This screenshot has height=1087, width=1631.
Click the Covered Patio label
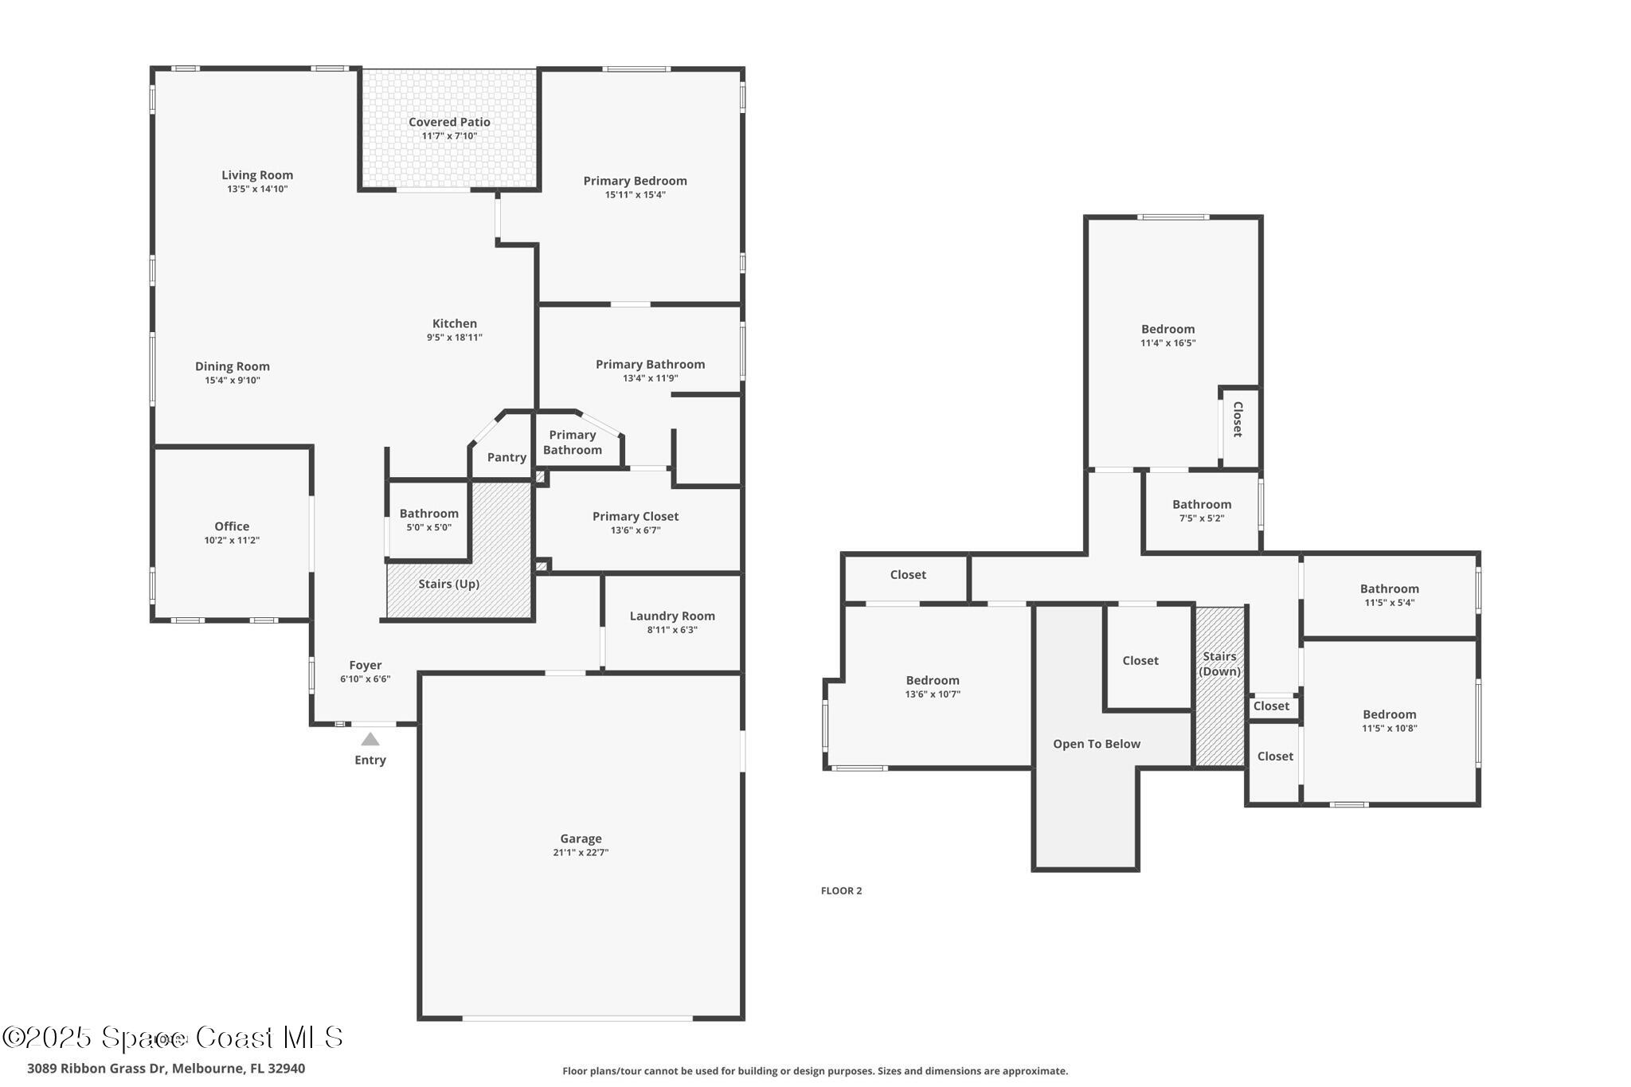(x=449, y=122)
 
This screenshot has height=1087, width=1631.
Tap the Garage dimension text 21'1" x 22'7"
(x=581, y=852)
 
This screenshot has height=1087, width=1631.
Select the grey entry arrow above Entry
(x=370, y=739)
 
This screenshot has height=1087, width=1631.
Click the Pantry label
(x=507, y=457)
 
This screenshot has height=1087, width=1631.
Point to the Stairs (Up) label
(x=448, y=584)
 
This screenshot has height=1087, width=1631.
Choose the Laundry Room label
(x=672, y=616)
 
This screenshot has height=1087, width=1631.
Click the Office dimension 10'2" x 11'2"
(x=232, y=540)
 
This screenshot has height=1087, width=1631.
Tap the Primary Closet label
(x=636, y=516)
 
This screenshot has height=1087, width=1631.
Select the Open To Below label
(x=1097, y=744)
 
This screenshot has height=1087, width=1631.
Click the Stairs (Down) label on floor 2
(x=1219, y=663)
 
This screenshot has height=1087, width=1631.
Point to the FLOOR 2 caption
(x=841, y=890)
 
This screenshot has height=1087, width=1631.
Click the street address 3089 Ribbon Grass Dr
(x=166, y=1068)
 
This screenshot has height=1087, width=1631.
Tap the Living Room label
(x=257, y=175)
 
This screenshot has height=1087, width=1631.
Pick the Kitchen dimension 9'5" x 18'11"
(x=455, y=337)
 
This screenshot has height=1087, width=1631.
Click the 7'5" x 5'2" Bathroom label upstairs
(x=1202, y=504)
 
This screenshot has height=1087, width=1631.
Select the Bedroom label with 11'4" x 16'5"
(x=1168, y=329)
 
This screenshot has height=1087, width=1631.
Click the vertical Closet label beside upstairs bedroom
(x=1238, y=419)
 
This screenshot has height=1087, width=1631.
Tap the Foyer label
(x=366, y=665)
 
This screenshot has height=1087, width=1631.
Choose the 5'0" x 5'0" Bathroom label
(x=428, y=514)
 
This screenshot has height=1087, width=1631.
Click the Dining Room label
(x=233, y=366)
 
